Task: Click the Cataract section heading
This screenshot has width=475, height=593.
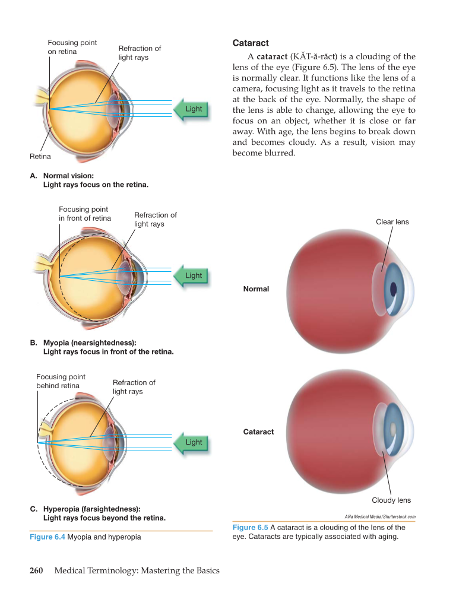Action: (251, 43)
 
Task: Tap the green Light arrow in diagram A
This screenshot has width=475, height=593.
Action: (191, 109)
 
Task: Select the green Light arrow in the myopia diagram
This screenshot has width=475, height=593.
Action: (191, 276)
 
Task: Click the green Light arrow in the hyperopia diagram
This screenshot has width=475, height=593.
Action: (191, 442)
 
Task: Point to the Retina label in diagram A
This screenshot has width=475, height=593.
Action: (40, 157)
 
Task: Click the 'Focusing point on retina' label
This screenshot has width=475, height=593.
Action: (72, 47)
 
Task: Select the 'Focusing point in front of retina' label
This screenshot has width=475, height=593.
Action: (84, 214)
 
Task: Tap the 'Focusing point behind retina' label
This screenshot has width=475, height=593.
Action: (61, 381)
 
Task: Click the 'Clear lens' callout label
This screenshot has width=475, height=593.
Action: (392, 222)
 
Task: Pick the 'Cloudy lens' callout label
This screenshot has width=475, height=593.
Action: (391, 500)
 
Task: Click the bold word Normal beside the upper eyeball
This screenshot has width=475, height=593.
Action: (256, 289)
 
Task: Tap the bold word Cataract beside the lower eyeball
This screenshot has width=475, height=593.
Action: (258, 432)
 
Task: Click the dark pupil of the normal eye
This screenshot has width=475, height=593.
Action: (393, 289)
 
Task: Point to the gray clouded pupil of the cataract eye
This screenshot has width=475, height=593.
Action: (392, 427)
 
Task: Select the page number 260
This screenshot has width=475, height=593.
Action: (36, 570)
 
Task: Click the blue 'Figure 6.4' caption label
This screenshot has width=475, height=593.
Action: (47, 537)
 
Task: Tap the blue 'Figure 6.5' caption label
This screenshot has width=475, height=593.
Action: (250, 527)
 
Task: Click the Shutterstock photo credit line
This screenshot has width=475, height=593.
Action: (379, 517)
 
